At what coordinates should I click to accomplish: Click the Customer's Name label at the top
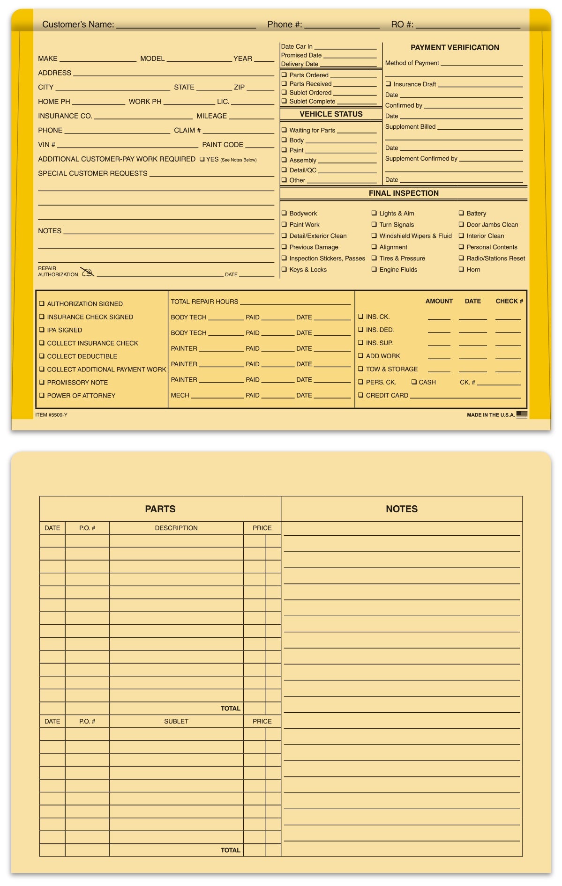pyautogui.click(x=78, y=24)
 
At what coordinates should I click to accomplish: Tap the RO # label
pyautogui.click(x=402, y=24)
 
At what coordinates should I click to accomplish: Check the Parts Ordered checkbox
pyautogui.click(x=284, y=75)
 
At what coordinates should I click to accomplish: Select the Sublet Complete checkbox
pyautogui.click(x=284, y=101)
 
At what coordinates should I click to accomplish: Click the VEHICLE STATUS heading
pyautogui.click(x=331, y=114)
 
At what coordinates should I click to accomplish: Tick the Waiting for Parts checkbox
pyautogui.click(x=284, y=130)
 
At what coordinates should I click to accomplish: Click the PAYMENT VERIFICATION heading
pyautogui.click(x=455, y=47)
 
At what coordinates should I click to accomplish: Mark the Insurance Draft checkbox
pyautogui.click(x=388, y=84)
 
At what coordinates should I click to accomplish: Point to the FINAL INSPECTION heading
pyautogui.click(x=404, y=193)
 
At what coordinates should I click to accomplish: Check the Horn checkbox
pyautogui.click(x=461, y=269)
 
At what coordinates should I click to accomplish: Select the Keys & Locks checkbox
pyautogui.click(x=284, y=269)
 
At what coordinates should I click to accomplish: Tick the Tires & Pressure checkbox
pyautogui.click(x=374, y=258)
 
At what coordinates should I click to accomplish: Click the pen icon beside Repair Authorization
pyautogui.click(x=87, y=272)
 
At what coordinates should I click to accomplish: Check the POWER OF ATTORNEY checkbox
pyautogui.click(x=42, y=395)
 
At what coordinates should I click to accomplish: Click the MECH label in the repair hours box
pyautogui.click(x=180, y=395)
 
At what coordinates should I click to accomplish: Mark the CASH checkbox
pyautogui.click(x=414, y=382)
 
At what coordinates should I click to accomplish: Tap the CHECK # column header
pyautogui.click(x=509, y=301)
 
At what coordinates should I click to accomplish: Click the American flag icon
pyautogui.click(x=522, y=414)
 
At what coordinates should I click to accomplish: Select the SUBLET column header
pyautogui.click(x=176, y=721)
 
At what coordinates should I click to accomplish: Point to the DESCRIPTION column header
pyautogui.click(x=176, y=528)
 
